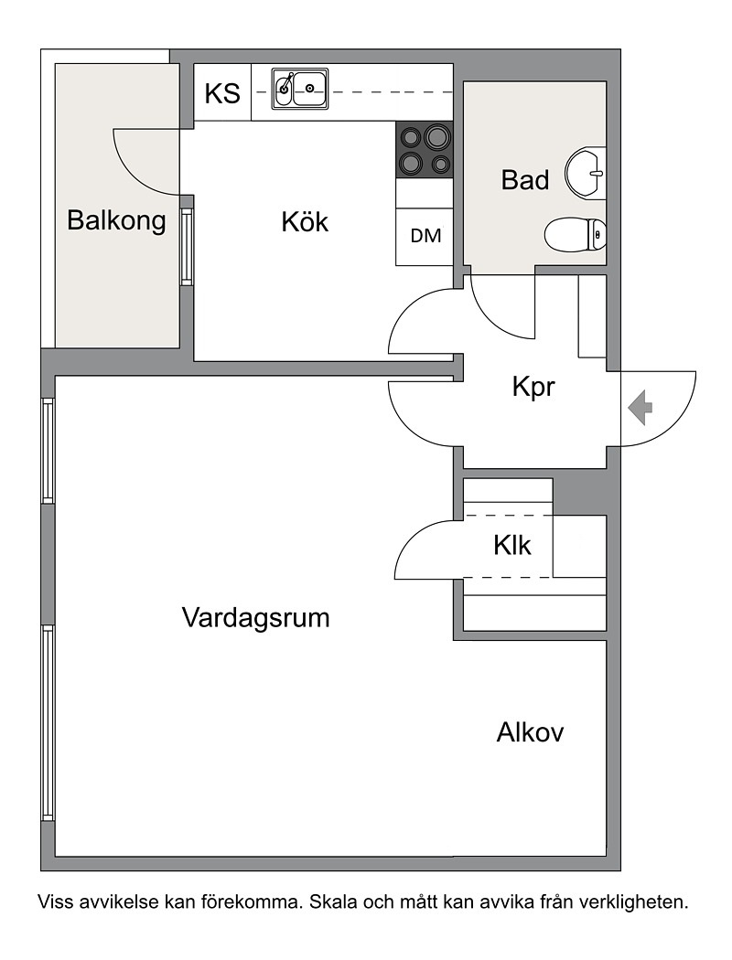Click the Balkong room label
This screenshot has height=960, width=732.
coord(116,220)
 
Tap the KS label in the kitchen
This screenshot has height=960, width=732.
coord(222,93)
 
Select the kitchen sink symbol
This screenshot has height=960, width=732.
coord(300,89)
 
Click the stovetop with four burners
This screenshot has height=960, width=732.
coord(425,150)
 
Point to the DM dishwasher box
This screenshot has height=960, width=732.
coord(425,236)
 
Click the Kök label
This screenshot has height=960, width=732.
coord(305,221)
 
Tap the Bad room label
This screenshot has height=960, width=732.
coord(525,180)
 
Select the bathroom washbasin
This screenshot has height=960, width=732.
coord(585,174)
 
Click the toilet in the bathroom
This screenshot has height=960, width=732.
coord(576,234)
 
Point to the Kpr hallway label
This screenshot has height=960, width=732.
coord(533,387)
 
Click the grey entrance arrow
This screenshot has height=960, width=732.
coord(640,408)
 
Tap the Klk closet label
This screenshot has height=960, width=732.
coord(512,545)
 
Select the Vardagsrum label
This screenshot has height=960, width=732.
coord(256,618)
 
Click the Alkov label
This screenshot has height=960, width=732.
coord(530,732)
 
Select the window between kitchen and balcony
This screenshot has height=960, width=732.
coord(187,246)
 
